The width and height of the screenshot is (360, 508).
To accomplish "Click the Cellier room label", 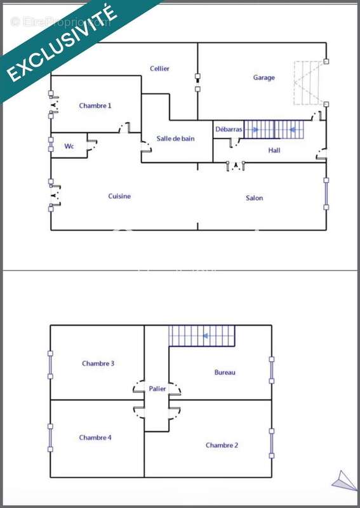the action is [159, 69].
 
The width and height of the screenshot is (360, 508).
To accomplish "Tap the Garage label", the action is [263, 77].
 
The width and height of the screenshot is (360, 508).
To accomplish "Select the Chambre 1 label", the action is [95, 105].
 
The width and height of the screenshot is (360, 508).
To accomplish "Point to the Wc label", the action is [69, 146].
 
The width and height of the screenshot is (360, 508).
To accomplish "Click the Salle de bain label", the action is [175, 138].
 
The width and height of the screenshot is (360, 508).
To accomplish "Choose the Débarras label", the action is [229, 130].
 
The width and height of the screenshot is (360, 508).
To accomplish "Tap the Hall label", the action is [274, 150].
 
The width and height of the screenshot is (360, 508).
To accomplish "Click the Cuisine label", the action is [119, 196].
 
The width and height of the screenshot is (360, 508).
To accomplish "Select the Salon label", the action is [254, 198].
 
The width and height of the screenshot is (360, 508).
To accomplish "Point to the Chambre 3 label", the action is [98, 363].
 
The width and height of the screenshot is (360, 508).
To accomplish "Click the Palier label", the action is [157, 389].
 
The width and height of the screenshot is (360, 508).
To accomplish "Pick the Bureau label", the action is [225, 373].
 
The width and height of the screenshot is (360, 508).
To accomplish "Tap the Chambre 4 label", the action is [95, 438].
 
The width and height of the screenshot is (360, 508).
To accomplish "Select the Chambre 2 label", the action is [222, 446].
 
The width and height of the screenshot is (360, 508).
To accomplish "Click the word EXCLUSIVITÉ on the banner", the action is [62, 43].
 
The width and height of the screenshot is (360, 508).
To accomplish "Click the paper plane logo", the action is [343, 481].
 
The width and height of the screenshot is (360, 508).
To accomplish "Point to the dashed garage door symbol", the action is [309, 83].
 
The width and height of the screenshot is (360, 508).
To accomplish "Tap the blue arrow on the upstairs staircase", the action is [205, 336].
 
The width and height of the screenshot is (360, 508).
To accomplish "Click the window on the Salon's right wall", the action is [326, 194].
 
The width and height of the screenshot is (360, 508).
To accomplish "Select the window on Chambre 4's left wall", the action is [50, 438].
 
